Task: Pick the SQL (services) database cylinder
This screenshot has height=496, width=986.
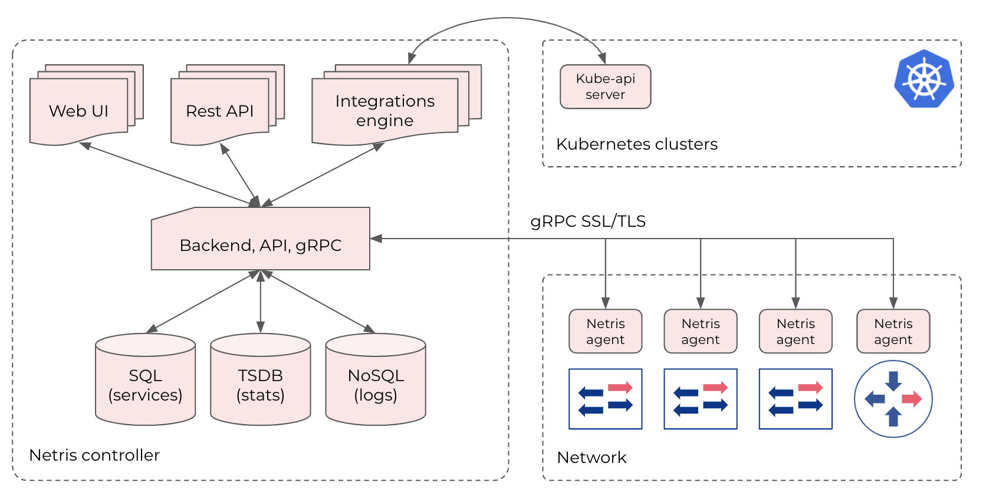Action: (145, 383)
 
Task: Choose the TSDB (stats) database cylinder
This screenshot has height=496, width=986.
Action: (261, 383)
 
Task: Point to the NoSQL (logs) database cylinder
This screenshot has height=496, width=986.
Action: (376, 383)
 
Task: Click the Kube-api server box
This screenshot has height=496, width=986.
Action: (605, 87)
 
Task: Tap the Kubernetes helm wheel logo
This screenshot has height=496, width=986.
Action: (923, 79)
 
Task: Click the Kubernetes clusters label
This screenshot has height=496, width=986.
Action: (636, 144)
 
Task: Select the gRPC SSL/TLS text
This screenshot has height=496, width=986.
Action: (587, 221)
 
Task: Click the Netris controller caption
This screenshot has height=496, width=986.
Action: (94, 455)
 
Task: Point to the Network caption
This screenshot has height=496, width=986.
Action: (591, 458)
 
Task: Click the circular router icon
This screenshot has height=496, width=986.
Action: (893, 399)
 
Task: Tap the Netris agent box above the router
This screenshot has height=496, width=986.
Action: (893, 332)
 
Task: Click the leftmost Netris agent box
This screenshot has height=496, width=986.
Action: (605, 332)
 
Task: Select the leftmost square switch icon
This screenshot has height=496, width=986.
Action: (605, 399)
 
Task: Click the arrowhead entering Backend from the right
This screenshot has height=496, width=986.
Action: (376, 239)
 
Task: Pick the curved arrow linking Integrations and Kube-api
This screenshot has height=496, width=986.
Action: (506, 18)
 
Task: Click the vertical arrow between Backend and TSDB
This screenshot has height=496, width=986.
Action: (261, 300)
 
